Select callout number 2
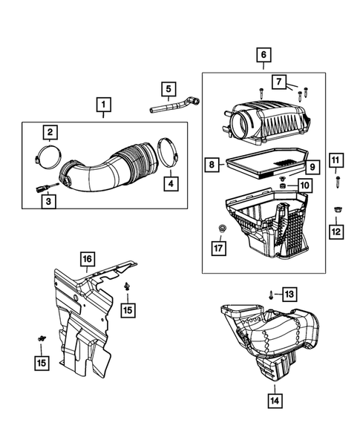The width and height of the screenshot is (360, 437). (50, 134)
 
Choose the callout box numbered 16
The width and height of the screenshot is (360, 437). (87, 258)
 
